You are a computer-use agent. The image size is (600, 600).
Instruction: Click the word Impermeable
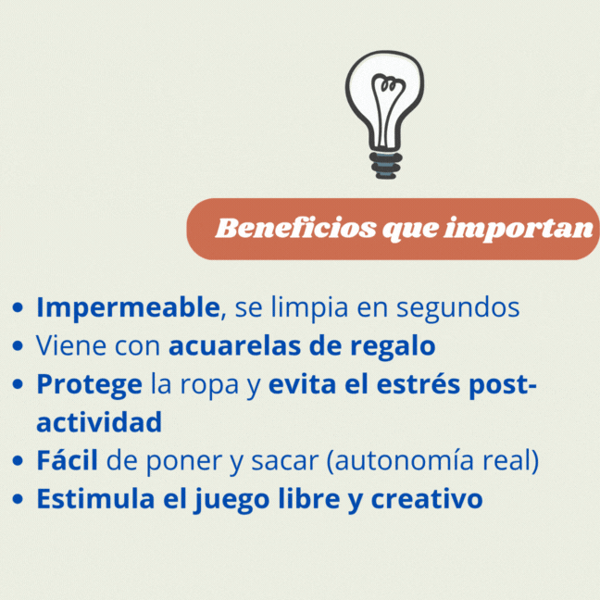coord(128,308)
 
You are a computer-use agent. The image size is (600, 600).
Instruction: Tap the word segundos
coord(457,308)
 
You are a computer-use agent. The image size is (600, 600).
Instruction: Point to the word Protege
coord(90,385)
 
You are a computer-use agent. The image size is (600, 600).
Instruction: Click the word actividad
coord(99,421)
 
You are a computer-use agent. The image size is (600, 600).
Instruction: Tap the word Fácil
coord(67,459)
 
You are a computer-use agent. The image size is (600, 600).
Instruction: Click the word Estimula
coord(95,498)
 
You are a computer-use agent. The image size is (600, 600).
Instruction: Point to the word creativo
coord(427,498)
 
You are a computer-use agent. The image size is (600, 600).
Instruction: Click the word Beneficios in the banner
coord(295,229)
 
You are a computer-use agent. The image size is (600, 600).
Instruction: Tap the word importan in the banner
coord(519,230)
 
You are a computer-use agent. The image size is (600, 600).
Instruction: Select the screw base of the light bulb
coord(386,166)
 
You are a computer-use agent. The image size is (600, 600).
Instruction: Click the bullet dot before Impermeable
coord(18,307)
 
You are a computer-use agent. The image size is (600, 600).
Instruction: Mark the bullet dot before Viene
coord(18,346)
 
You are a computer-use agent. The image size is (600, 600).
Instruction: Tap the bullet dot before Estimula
coord(18,499)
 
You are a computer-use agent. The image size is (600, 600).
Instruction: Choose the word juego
coord(231,500)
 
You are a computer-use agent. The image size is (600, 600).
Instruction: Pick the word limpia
coord(309,308)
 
